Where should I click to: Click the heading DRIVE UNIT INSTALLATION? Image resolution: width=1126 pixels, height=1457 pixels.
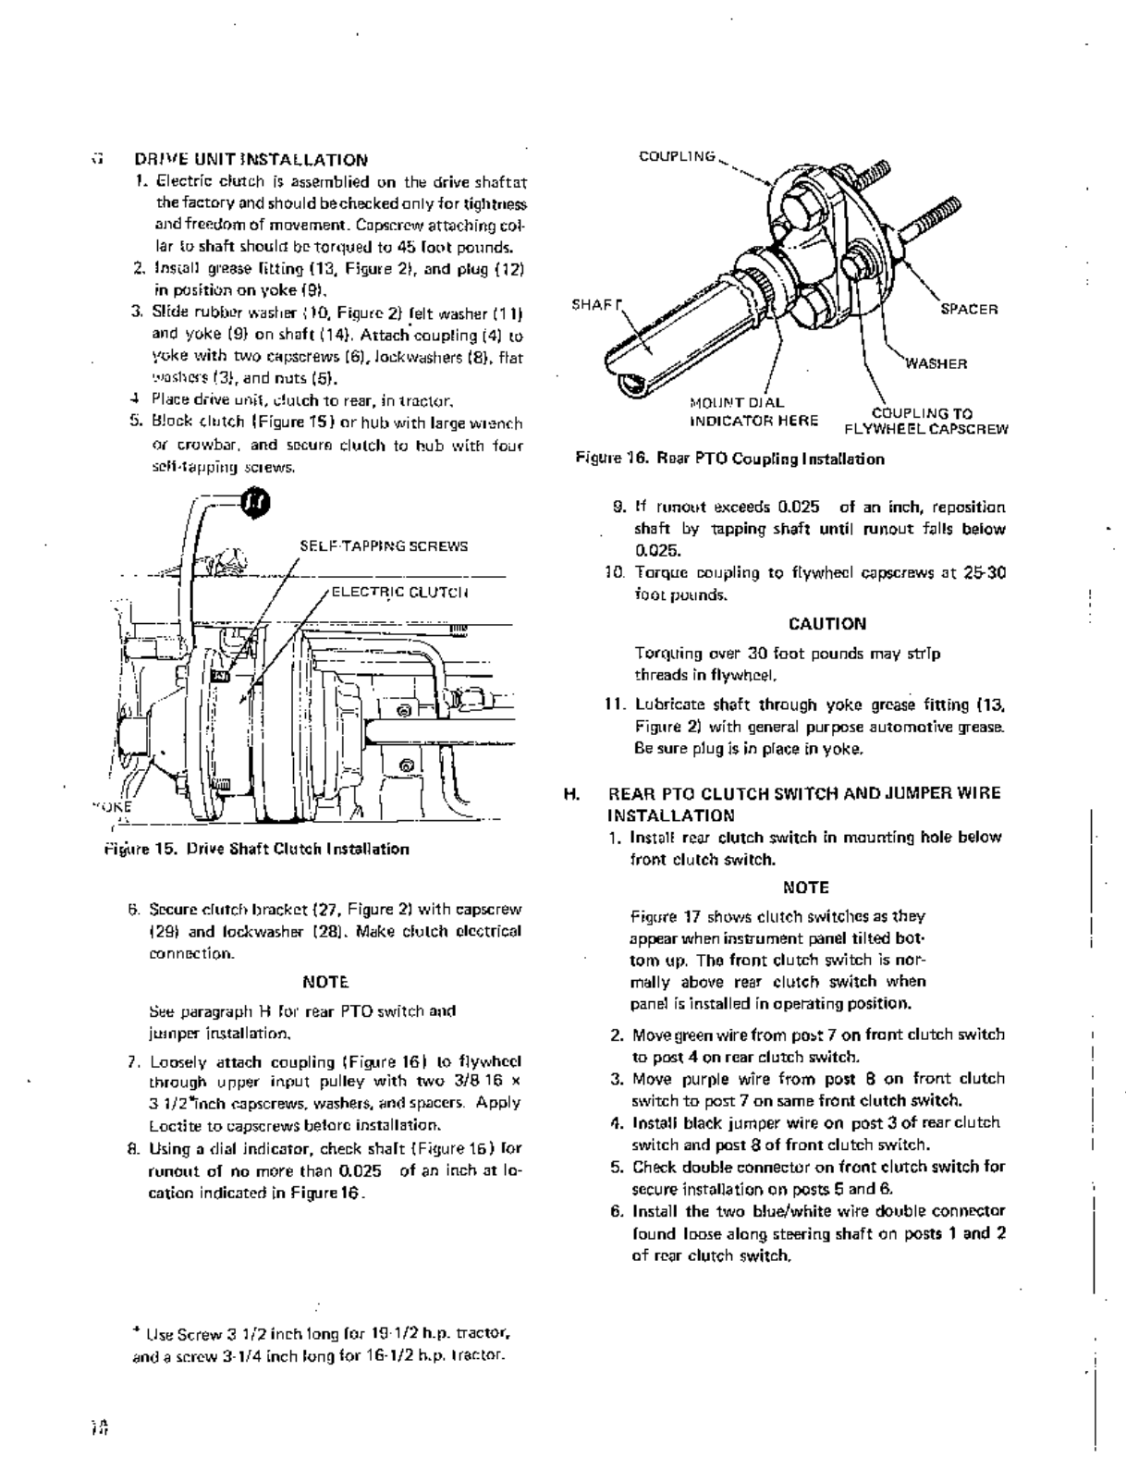(x=251, y=160)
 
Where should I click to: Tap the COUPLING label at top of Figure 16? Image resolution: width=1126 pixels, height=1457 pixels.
(x=678, y=156)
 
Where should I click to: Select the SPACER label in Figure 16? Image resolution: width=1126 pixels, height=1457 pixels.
(x=969, y=310)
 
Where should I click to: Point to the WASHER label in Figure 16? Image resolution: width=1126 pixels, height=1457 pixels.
(x=936, y=363)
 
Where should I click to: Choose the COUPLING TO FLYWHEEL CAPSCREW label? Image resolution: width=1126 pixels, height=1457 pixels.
(x=925, y=421)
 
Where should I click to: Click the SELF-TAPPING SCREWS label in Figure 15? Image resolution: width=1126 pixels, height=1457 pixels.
(x=384, y=545)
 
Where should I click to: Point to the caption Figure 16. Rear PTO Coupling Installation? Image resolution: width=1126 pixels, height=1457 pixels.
(x=729, y=459)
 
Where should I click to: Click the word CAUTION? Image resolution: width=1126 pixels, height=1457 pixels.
(x=827, y=624)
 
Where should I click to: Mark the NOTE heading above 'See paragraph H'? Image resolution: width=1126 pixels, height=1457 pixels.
(x=325, y=980)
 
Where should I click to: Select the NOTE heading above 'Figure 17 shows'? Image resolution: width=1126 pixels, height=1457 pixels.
(x=805, y=888)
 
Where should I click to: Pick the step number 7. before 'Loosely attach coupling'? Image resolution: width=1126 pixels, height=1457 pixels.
(x=134, y=1062)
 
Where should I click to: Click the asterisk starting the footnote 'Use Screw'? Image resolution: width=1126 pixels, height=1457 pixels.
(x=136, y=1331)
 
